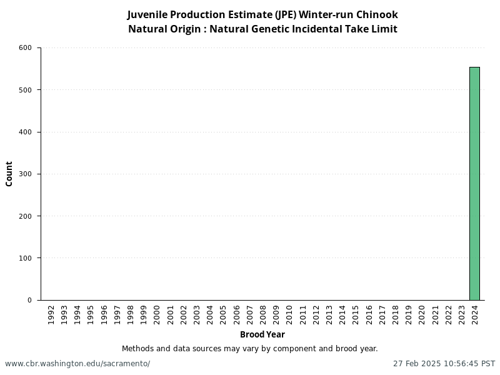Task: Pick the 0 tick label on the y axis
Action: pos(29,300)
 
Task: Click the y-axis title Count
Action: pos(9,174)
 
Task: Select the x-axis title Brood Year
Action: pos(262,334)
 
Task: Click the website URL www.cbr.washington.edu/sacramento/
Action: pos(77,364)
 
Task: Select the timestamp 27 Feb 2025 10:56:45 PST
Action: pos(444,364)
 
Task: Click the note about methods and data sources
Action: pos(249,349)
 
